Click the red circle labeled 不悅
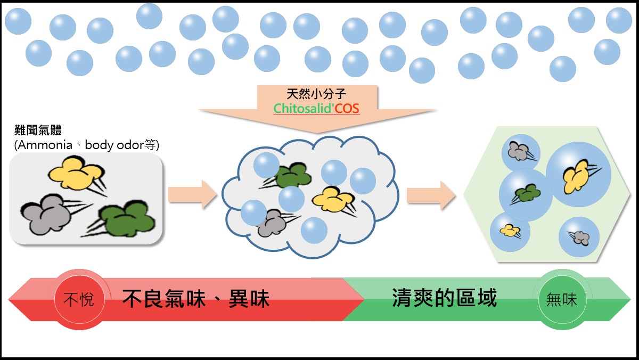tap(78, 299)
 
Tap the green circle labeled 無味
tap(561, 299)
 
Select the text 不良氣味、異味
tap(196, 299)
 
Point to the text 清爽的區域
tap(444, 298)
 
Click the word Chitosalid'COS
tap(317, 109)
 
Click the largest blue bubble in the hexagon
tap(578, 174)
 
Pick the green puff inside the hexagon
tap(525, 193)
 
